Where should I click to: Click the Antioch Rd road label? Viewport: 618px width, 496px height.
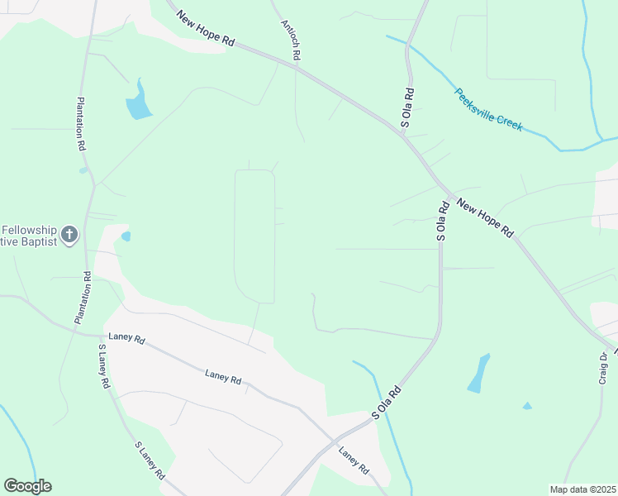pos(290,39)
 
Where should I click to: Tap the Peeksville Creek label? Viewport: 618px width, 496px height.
pos(489,109)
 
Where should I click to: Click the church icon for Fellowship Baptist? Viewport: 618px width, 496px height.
pos(69,235)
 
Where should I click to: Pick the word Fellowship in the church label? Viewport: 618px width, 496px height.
pos(30,229)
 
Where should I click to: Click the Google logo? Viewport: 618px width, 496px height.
pos(27,486)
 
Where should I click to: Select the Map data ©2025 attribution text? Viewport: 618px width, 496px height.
pos(582,489)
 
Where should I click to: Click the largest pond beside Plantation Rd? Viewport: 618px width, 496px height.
pos(138,103)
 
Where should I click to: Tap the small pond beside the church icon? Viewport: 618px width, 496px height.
pos(126,236)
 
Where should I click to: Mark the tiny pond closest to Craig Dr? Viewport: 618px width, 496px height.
pos(527,406)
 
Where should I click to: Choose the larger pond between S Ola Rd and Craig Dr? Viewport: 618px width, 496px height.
pos(478,374)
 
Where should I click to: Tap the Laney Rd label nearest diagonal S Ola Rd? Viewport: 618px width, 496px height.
pos(354,460)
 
